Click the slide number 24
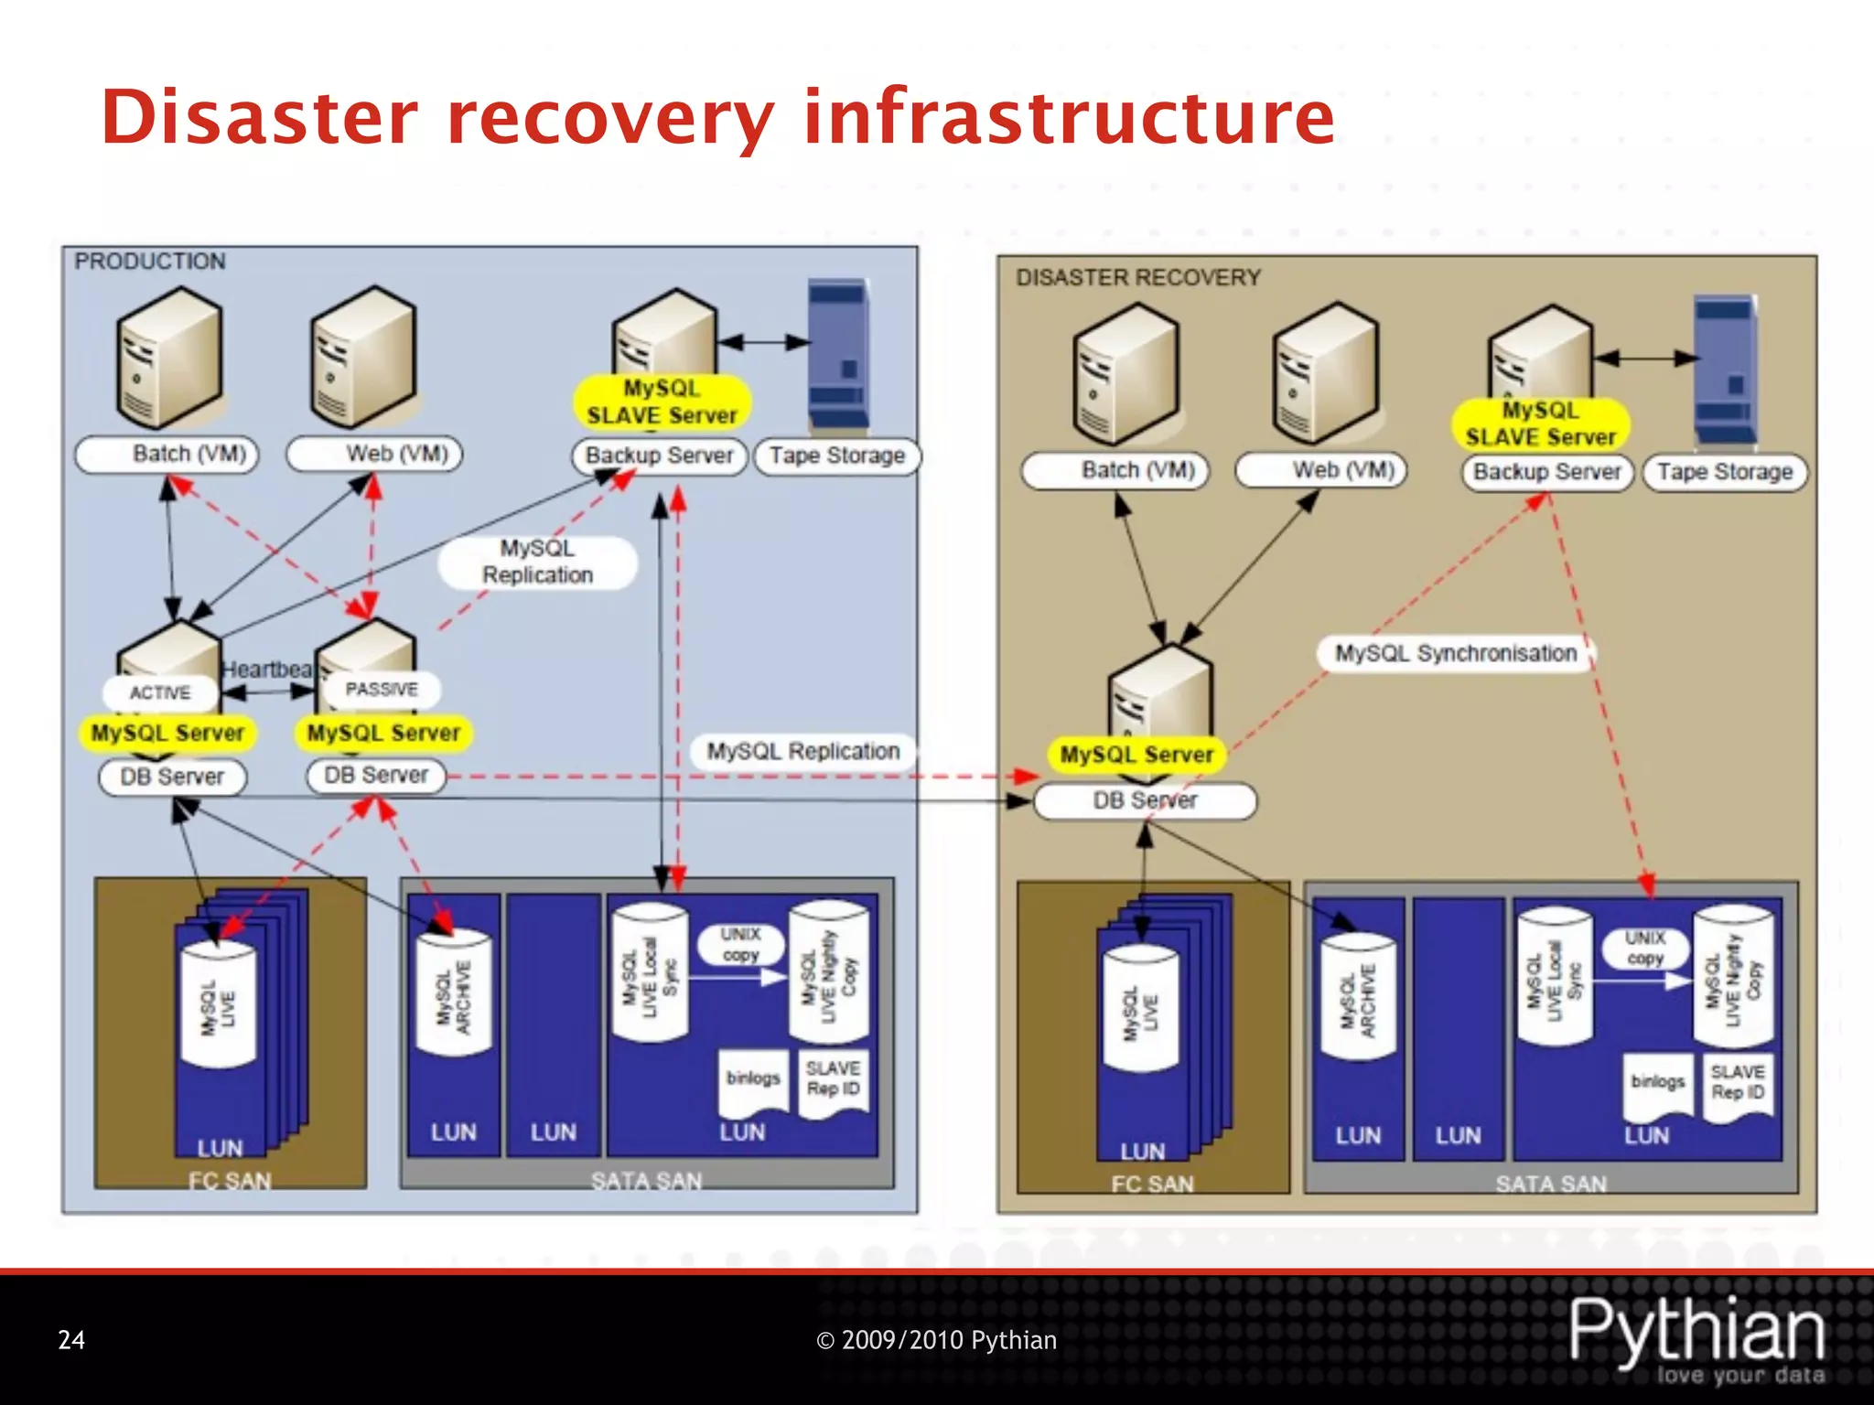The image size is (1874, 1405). tap(71, 1340)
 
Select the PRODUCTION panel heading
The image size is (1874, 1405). tap(150, 262)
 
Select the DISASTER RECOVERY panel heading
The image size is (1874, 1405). tap(1138, 277)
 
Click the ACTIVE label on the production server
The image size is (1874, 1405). tap(160, 692)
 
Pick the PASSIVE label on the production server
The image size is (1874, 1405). tap(381, 689)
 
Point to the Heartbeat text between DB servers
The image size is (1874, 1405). tap(266, 670)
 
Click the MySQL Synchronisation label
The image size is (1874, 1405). tap(1455, 653)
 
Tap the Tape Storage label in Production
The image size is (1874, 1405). tap(836, 456)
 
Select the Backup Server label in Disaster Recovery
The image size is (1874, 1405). tap(1546, 472)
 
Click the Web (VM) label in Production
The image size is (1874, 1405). tap(396, 454)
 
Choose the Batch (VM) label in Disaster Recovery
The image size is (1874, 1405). tap(1137, 470)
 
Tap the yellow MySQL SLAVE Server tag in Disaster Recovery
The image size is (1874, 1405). tap(1540, 424)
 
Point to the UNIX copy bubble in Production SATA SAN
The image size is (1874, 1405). tap(740, 944)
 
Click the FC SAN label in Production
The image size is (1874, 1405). tap(230, 1180)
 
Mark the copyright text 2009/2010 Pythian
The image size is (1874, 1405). tap(936, 1340)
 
